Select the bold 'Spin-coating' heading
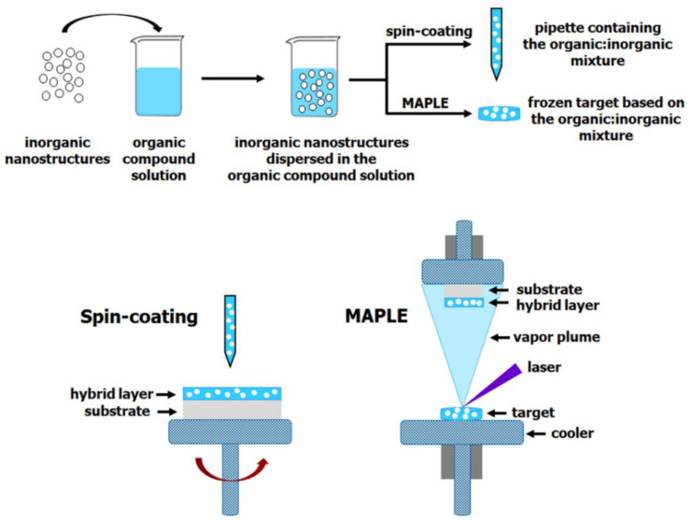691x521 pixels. (138, 317)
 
